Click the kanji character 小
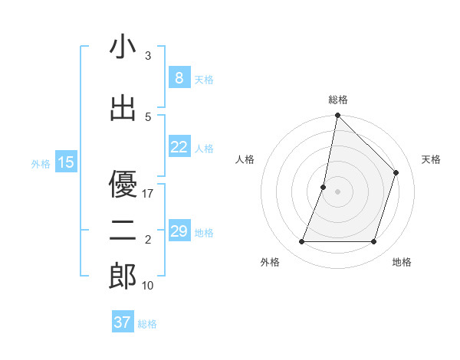[123, 47]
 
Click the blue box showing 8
[179, 78]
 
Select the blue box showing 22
[179, 147]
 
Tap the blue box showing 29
[179, 231]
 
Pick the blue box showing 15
[66, 162]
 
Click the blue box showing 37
[123, 322]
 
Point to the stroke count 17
[148, 194]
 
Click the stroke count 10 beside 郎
[148, 286]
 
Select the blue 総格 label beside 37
[147, 324]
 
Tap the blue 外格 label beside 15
[41, 163]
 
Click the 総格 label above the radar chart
[337, 100]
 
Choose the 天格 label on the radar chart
[432, 159]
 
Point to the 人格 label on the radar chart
[245, 159]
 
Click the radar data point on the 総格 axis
[337, 115]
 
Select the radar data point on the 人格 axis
[324, 187]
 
